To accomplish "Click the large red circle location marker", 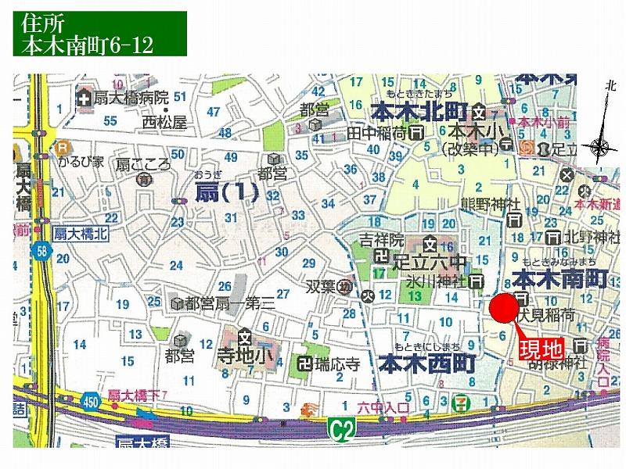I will click(x=502, y=307).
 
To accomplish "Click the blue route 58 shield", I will click(x=41, y=251).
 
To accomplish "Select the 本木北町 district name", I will click(x=418, y=111).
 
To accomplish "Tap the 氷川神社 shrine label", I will click(x=436, y=281).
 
